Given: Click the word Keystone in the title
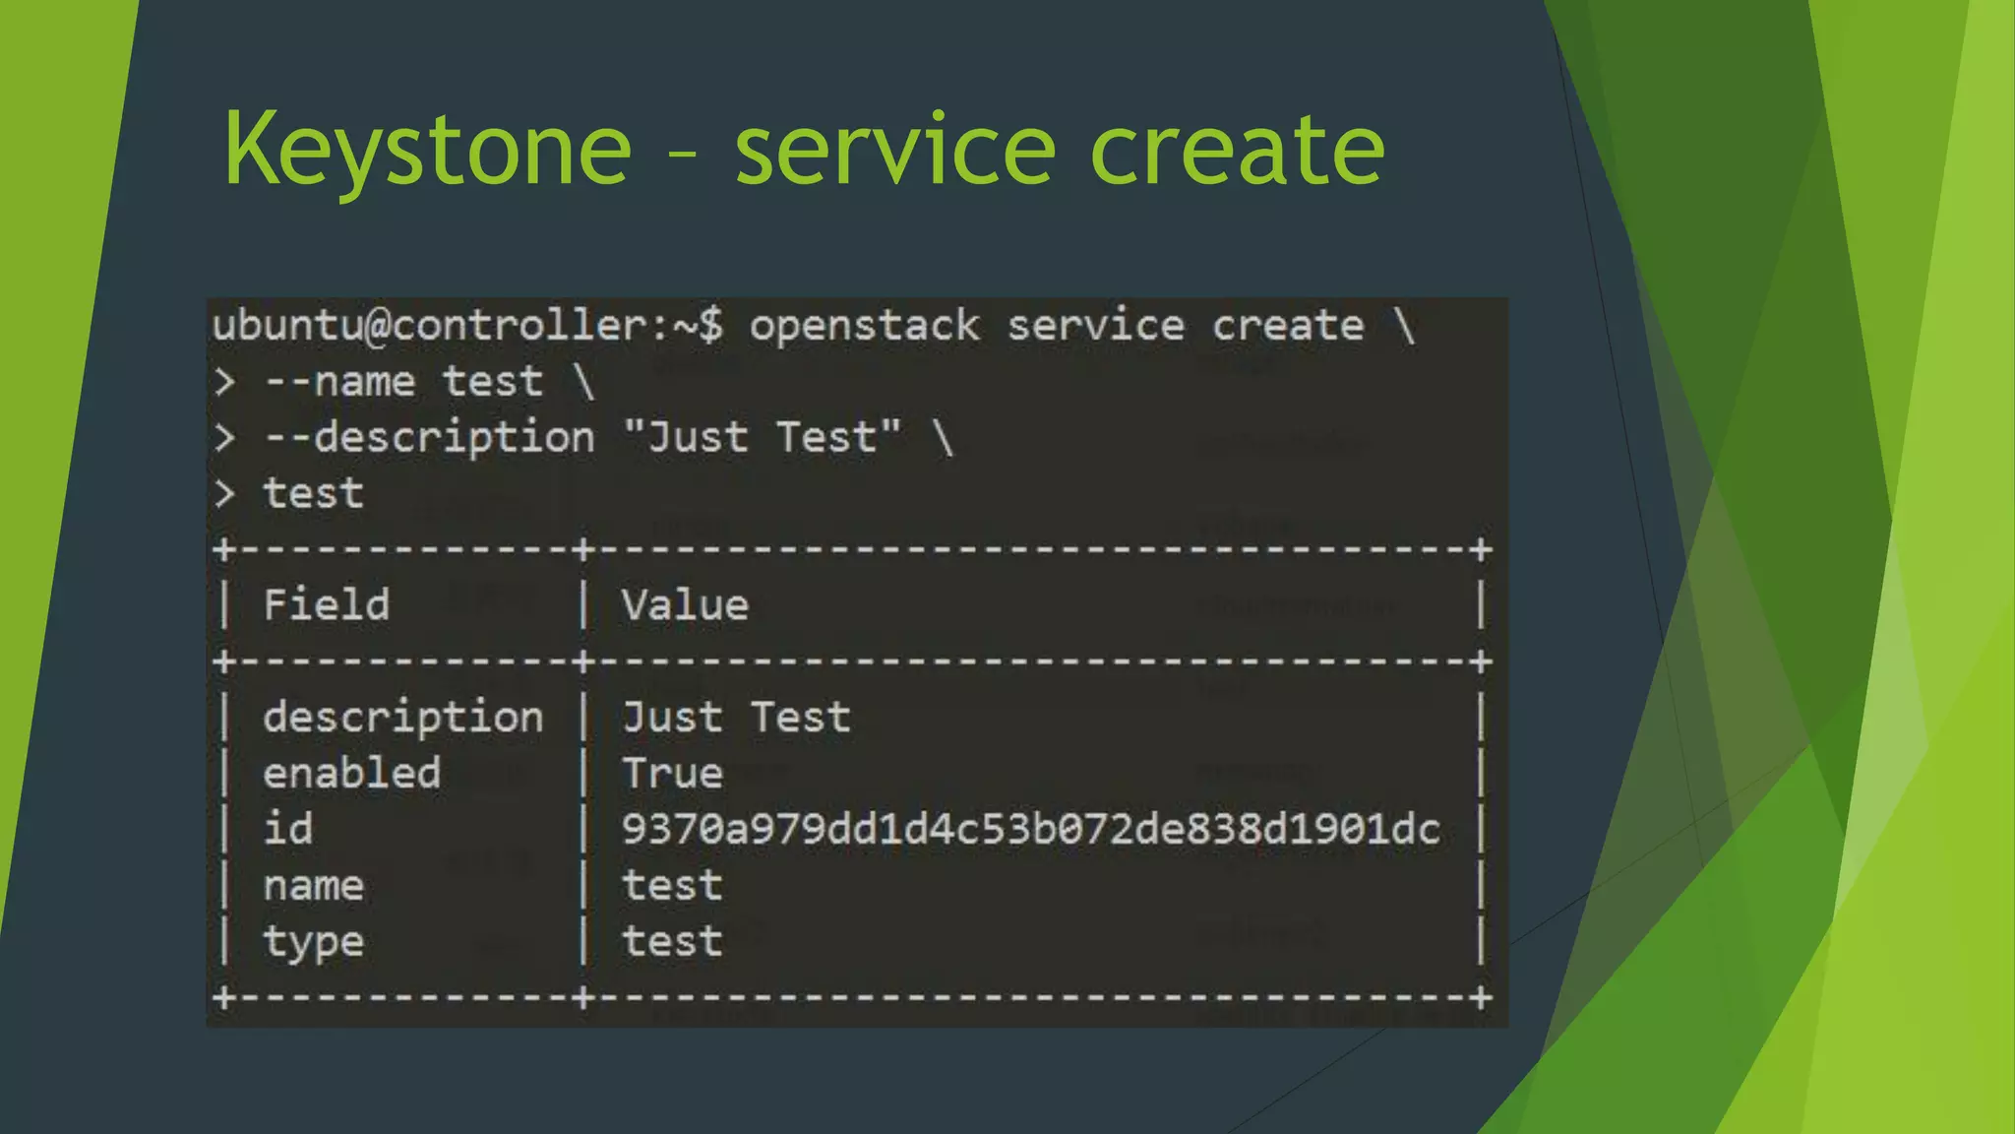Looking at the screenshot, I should coord(427,150).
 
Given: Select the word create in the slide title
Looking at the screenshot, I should coord(1238,150).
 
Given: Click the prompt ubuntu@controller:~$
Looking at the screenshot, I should coord(468,326).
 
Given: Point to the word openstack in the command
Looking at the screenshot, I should coord(865,326).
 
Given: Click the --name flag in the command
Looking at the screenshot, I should coord(339,382).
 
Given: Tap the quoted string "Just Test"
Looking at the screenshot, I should coord(763,437).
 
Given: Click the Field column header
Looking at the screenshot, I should coord(326,604).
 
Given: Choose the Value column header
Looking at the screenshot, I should coord(685,604).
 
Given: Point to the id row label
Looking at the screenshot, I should coord(287,829).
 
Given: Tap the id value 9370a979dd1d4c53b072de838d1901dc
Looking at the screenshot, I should coord(1030,829).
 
